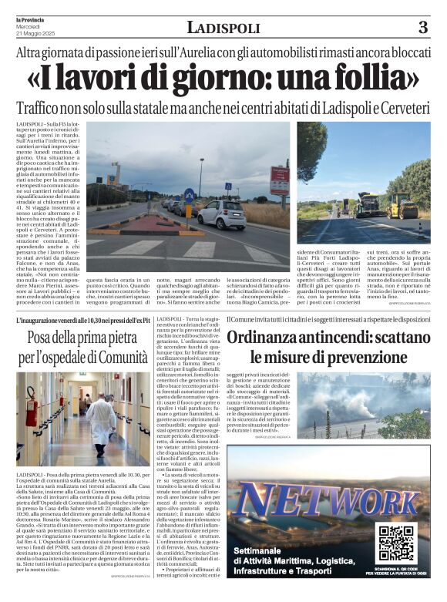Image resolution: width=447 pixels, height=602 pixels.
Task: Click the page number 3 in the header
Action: point(422,28)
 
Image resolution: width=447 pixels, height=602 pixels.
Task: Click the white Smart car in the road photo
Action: point(221,215)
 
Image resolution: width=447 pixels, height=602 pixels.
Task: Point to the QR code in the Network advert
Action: point(396,540)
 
